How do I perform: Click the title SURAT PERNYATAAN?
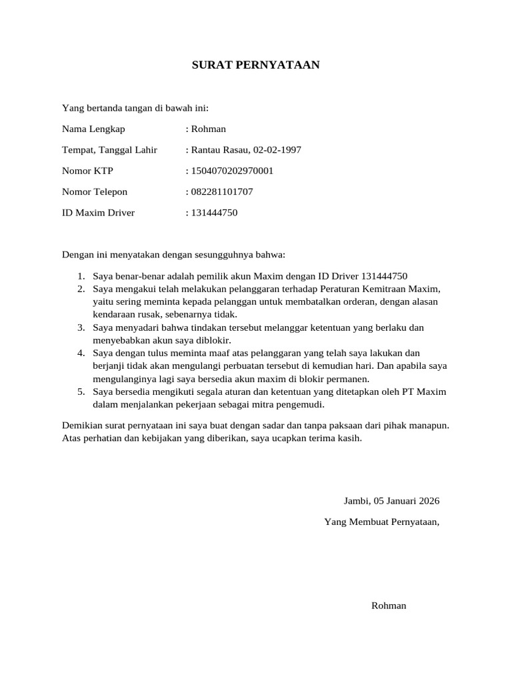tap(256, 65)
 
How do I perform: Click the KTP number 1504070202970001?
tap(232, 171)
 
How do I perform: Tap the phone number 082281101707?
tap(222, 192)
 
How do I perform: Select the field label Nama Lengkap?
tap(93, 129)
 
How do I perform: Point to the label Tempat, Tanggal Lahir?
tap(109, 150)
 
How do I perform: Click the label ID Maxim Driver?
tap(98, 213)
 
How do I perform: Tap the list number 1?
tap(80, 276)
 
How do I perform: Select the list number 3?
tap(80, 327)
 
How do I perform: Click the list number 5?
tap(80, 392)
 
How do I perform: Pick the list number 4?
tap(80, 353)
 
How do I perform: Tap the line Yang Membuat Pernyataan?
tap(381, 522)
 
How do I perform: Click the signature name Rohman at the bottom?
tap(389, 606)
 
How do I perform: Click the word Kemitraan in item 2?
tap(385, 289)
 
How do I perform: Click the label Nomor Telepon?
tap(95, 192)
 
